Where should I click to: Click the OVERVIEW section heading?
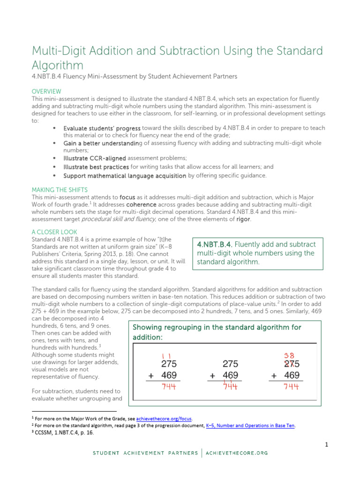click(x=46, y=91)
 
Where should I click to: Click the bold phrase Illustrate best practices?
click(x=96, y=166)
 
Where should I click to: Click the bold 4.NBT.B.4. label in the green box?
click(x=215, y=244)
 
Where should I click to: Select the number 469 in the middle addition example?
click(x=230, y=375)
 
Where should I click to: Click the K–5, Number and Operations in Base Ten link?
click(x=251, y=425)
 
